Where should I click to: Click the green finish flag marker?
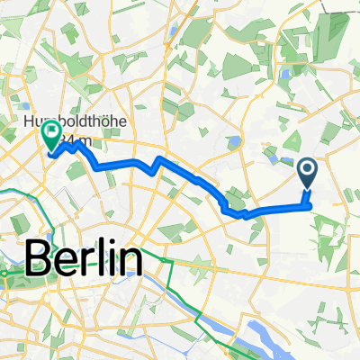50,137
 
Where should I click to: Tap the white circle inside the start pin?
307,168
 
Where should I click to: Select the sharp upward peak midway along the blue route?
158,159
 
